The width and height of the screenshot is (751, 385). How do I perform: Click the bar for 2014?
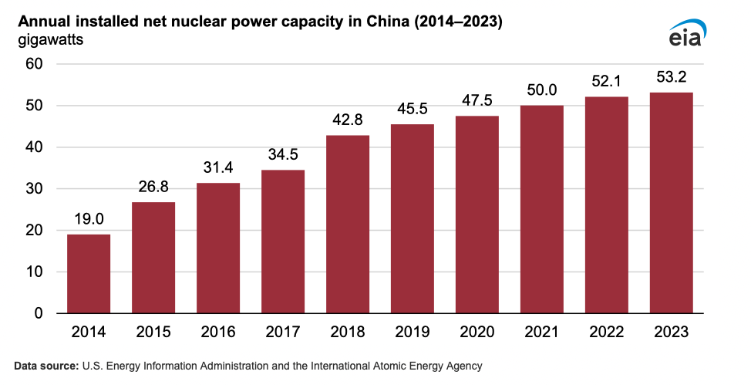[89, 274]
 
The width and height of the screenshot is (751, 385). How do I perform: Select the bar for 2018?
[348, 225]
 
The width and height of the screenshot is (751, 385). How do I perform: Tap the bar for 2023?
[671, 203]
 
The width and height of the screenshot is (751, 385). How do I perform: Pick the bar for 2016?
[218, 248]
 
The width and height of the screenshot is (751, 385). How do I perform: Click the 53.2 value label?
[671, 76]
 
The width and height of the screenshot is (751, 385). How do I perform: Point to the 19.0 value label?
[89, 219]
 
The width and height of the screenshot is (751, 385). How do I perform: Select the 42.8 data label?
[348, 120]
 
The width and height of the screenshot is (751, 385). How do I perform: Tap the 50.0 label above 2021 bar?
[542, 90]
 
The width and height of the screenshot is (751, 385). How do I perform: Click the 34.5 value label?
[283, 154]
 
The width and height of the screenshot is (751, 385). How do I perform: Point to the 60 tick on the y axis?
[34, 64]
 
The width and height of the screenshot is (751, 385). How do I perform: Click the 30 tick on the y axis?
[34, 189]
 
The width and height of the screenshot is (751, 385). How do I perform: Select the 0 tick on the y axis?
[39, 313]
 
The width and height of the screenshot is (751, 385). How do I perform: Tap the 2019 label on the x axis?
[413, 332]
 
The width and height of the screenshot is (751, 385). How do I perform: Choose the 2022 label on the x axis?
[606, 332]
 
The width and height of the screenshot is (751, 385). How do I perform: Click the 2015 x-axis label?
[153, 332]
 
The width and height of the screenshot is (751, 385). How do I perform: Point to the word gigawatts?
[51, 40]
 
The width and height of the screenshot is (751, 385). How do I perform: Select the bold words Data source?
[46, 366]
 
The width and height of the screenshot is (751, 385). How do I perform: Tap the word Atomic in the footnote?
[387, 366]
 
